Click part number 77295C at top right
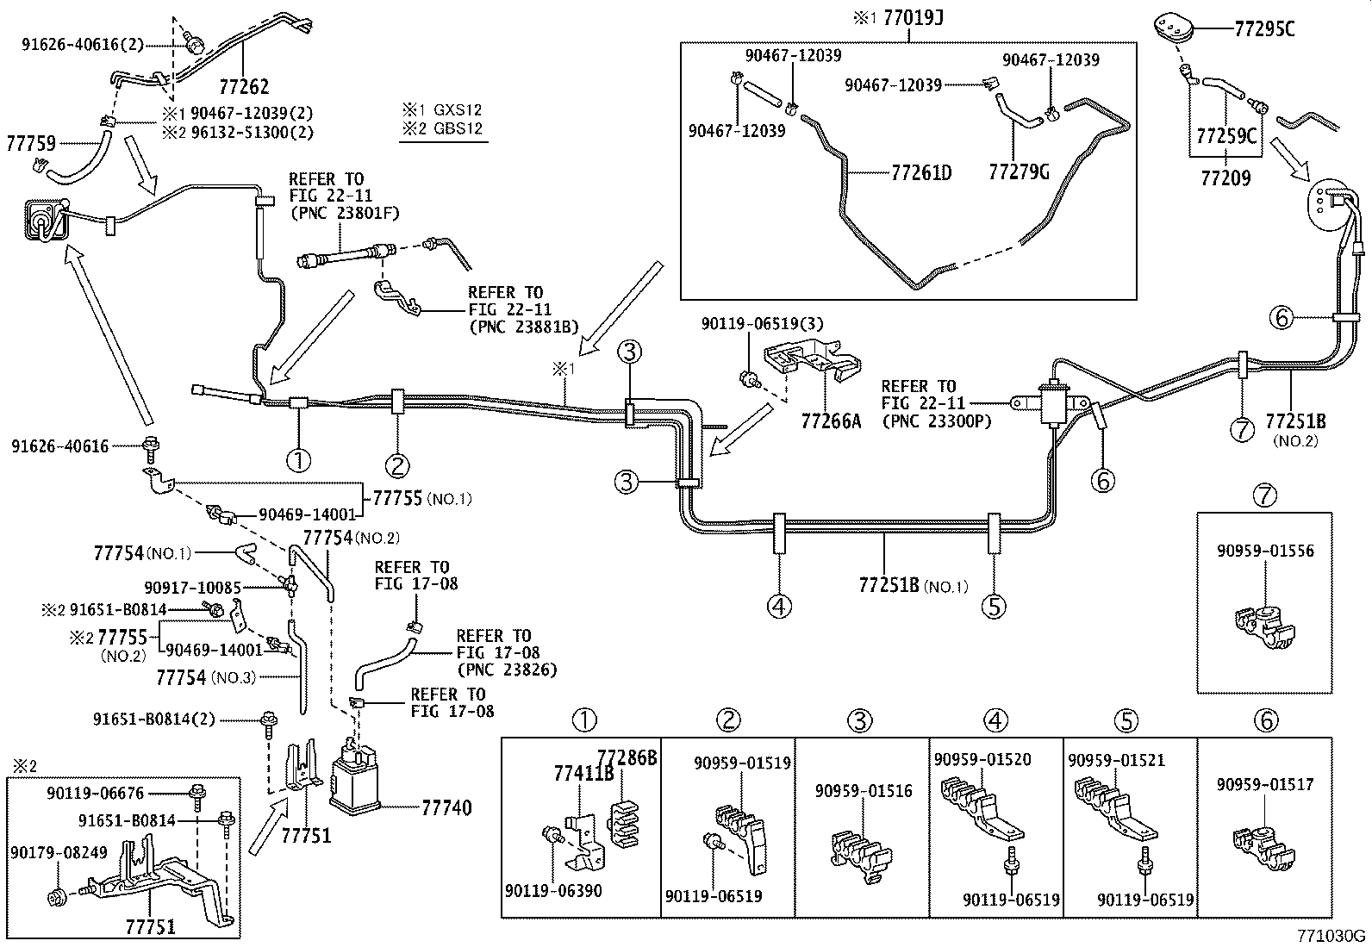(1264, 28)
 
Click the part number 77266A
(831, 421)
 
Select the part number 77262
(243, 86)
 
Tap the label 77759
(31, 142)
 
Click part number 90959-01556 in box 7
(1266, 551)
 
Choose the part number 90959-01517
(1265, 784)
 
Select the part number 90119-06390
(554, 891)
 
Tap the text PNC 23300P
(936, 421)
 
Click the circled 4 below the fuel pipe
(779, 607)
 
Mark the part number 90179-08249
(59, 853)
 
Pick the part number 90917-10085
(193, 588)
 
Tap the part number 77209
(1226, 178)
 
